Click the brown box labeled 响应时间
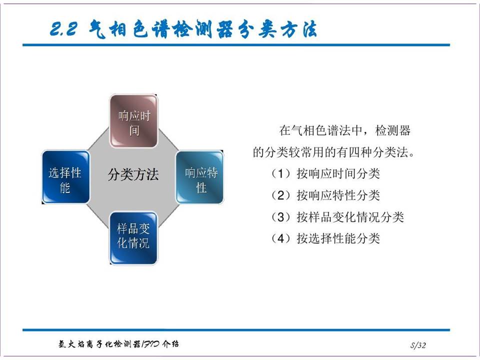pyautogui.click(x=134, y=121)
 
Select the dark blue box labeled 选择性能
pyautogui.click(x=65, y=177)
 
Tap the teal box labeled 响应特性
pyautogui.click(x=199, y=177)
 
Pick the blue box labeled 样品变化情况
pyautogui.click(x=133, y=238)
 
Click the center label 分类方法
pyautogui.click(x=133, y=175)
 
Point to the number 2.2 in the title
pyautogui.click(x=63, y=29)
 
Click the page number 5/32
pyautogui.click(x=418, y=345)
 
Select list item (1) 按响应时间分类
pyautogui.click(x=325, y=174)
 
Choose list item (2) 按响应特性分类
pyautogui.click(x=325, y=195)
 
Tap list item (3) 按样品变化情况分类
pyautogui.click(x=337, y=217)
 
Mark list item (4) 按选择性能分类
pyautogui.click(x=325, y=238)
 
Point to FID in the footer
pyautogui.click(x=150, y=344)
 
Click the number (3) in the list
pyautogui.click(x=280, y=217)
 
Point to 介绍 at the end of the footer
pyautogui.click(x=170, y=344)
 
